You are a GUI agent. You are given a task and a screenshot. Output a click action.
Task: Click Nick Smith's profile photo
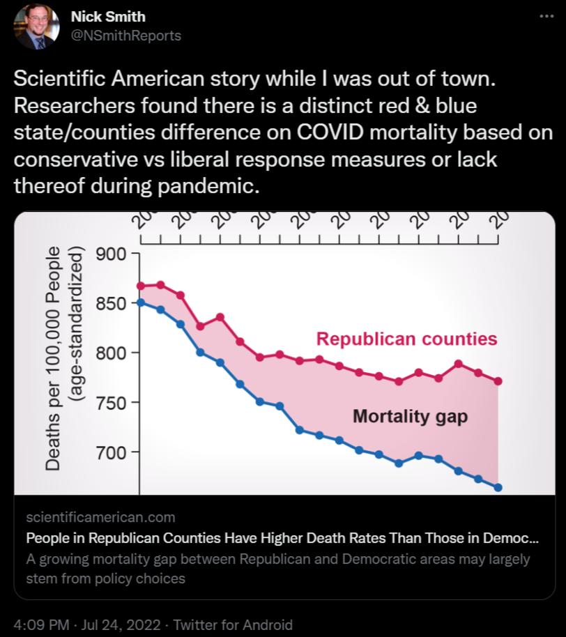(37, 26)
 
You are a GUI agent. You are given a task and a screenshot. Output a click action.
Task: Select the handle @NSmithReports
(126, 36)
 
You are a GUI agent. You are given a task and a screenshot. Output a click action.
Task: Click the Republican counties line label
(406, 339)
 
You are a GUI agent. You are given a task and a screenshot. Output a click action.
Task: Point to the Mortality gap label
(410, 417)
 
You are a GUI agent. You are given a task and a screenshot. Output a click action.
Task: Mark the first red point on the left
(141, 286)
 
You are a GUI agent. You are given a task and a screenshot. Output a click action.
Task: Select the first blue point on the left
(141, 302)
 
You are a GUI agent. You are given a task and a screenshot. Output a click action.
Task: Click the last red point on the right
(498, 381)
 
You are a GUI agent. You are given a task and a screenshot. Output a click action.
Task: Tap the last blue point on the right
(498, 487)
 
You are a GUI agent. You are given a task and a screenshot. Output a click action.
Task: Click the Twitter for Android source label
(233, 624)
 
